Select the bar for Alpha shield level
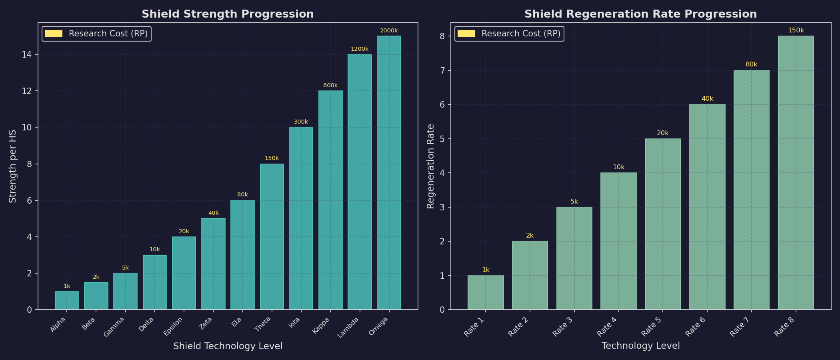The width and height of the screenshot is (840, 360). [67, 300]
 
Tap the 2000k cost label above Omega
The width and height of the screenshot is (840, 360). [389, 30]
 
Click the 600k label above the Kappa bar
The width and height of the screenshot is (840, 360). [330, 85]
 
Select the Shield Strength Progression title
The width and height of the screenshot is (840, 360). [228, 14]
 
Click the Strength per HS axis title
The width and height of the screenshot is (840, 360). [13, 166]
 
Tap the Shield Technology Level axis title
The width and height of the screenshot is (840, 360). [228, 346]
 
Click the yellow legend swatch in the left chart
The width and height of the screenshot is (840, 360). [54, 34]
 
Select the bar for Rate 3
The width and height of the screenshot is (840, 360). [574, 258]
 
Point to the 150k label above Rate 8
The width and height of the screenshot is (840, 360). [796, 30]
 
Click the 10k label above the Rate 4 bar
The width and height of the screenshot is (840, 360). [618, 167]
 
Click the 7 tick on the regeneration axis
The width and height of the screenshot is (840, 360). [442, 70]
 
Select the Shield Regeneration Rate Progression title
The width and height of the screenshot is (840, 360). [640, 14]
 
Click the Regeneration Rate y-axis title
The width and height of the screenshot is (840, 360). [430, 166]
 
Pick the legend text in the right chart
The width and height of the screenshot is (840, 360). [521, 34]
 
